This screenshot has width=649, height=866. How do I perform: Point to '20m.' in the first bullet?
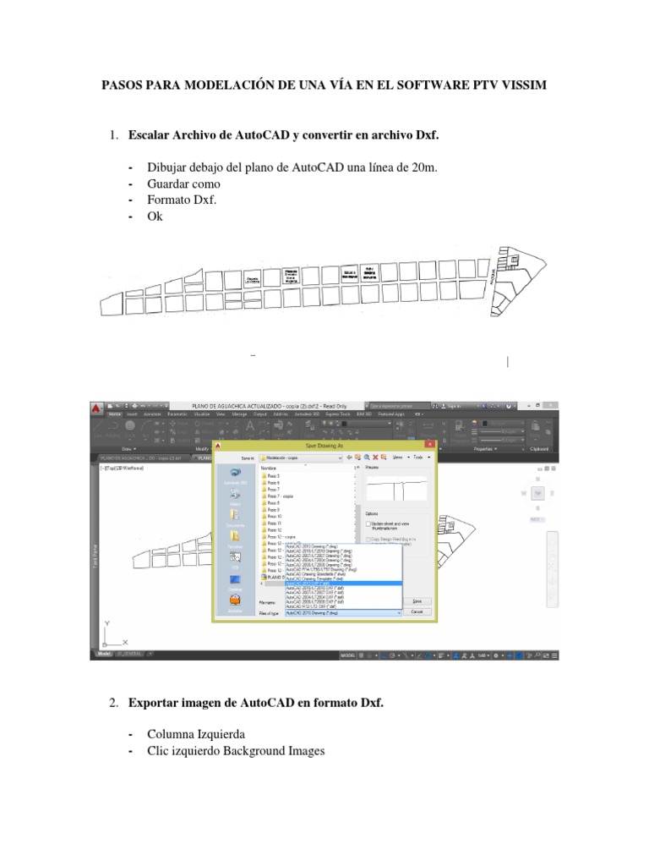(x=424, y=167)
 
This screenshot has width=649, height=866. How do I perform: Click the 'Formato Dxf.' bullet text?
(x=182, y=200)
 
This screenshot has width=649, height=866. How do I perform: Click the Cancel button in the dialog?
(x=416, y=611)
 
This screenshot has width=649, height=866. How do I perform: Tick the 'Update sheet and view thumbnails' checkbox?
(x=368, y=523)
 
